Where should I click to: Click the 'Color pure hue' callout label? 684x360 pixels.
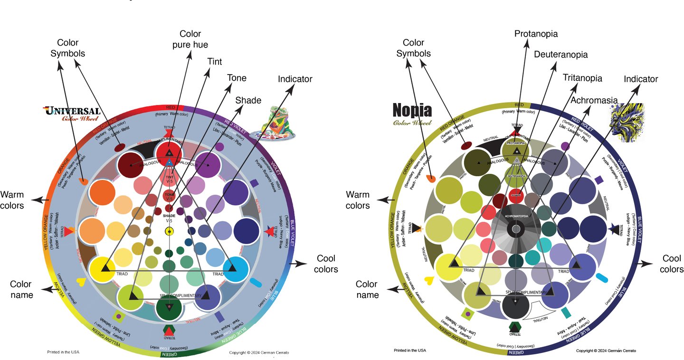[x=190, y=39]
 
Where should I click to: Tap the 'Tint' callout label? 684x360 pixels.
[x=214, y=62]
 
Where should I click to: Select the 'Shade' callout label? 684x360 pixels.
[x=248, y=100]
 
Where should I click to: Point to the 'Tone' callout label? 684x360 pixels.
[x=237, y=78]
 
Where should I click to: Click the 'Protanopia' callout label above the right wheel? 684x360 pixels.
[x=536, y=34]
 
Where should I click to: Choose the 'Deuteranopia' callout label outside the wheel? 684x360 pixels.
[x=560, y=55]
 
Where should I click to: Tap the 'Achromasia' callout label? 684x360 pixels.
[x=594, y=100]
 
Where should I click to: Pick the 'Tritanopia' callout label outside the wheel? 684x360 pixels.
[x=582, y=78]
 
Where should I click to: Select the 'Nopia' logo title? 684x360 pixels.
[x=412, y=111]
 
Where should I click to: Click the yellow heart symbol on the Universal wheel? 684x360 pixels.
[x=81, y=282]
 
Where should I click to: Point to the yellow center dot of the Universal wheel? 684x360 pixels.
[x=169, y=232]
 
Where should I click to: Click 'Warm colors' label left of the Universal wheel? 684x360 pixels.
[x=12, y=200]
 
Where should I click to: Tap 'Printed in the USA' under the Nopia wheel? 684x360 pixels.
[x=410, y=351]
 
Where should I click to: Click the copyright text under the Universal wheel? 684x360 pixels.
[x=258, y=353]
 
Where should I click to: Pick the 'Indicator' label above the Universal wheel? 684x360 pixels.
[x=295, y=79]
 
